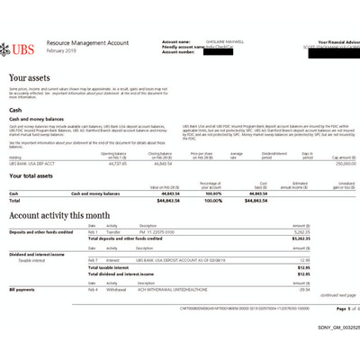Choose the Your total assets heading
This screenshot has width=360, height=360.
click(x=42, y=177)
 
